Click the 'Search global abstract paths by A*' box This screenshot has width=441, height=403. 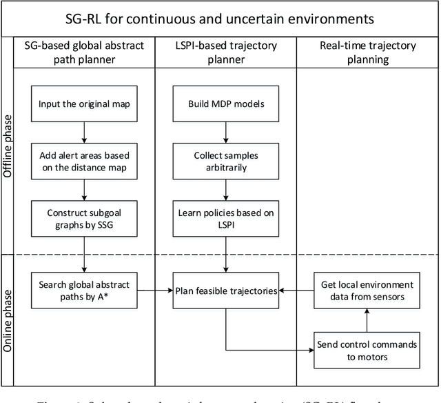84,290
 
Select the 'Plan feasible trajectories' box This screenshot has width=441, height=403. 225,291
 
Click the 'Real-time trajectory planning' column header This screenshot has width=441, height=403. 367,54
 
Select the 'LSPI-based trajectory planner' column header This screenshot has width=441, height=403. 225,54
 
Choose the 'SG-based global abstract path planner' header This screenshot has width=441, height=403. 84,54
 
